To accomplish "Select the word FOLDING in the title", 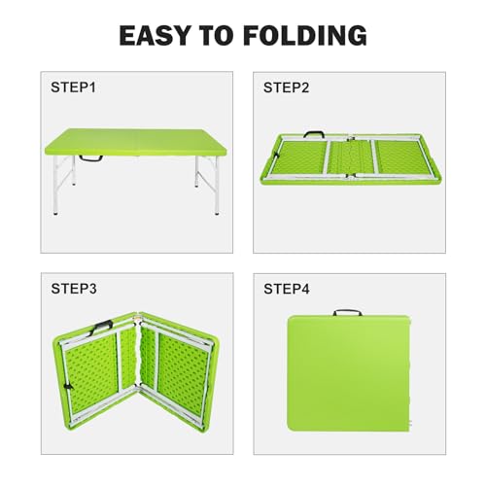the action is point(305,35).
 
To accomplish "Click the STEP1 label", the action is point(73,87).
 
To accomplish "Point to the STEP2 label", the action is point(286,87).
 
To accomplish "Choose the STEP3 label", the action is point(74,289).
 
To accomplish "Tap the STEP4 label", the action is point(287,289).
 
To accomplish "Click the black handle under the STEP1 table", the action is point(91,159).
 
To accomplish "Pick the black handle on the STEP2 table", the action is point(314,133).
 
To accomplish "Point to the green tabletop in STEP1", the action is point(135,142).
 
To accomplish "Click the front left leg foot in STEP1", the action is point(56,214).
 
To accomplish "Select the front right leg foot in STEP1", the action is point(217,213).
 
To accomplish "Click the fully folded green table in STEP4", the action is point(349,373).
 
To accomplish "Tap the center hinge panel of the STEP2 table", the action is point(351,158).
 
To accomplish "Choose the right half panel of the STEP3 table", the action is point(179,372).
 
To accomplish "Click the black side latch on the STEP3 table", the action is point(68,387).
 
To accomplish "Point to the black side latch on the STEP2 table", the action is point(276,156).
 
